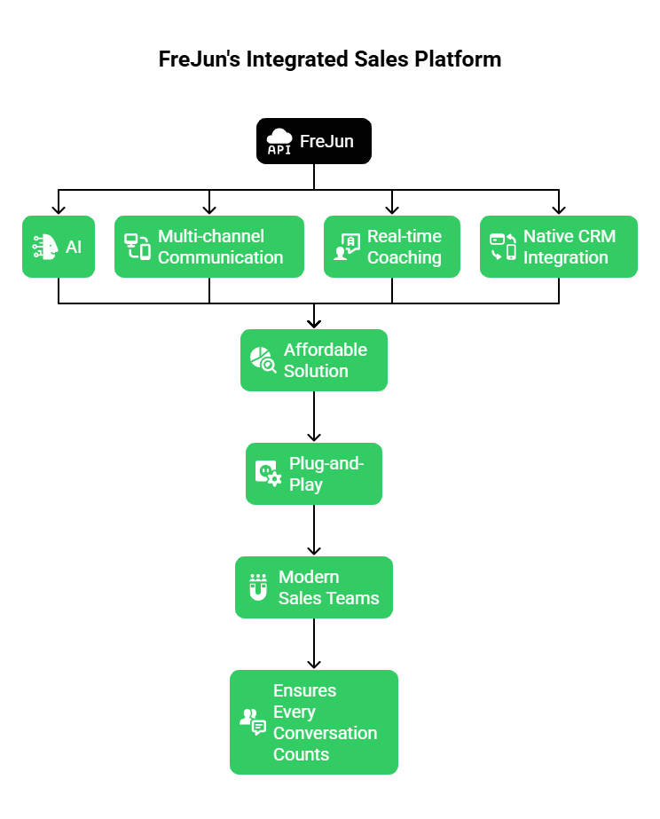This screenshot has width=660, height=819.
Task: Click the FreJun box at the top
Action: [314, 141]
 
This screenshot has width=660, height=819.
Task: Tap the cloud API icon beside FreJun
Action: [279, 142]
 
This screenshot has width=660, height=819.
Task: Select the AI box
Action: [59, 247]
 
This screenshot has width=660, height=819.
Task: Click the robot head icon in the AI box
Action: [45, 247]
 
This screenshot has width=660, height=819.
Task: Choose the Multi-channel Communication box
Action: [209, 247]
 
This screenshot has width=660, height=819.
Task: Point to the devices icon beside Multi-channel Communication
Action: [137, 247]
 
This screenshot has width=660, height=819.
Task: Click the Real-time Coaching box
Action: [392, 247]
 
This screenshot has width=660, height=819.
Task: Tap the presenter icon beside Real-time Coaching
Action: [346, 247]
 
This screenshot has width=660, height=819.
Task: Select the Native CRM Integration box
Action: [559, 247]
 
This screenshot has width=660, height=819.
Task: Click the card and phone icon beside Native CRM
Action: [503, 247]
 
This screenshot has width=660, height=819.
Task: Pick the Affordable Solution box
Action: [314, 360]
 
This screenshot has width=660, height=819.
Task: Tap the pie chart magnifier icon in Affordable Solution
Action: [263, 360]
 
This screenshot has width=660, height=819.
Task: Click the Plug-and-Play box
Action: [314, 474]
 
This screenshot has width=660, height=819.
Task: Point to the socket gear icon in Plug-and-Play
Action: [268, 474]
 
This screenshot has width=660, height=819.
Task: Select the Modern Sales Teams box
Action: [314, 587]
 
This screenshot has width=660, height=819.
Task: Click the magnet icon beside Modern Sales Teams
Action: [257, 587]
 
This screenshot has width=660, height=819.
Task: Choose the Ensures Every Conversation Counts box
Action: [314, 722]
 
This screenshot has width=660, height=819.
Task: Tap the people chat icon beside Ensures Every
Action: [253, 721]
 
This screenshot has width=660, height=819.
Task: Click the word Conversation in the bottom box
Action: [325, 733]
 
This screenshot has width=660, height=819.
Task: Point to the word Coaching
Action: [404, 257]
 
